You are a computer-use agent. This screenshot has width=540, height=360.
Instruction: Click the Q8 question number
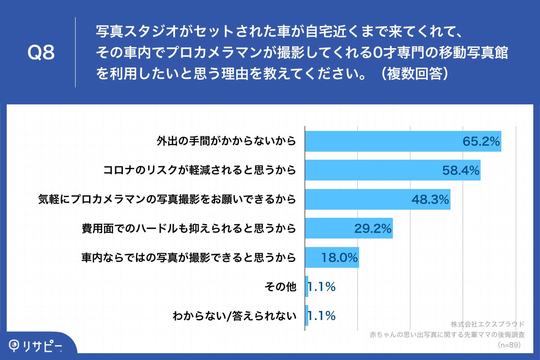pos(41,53)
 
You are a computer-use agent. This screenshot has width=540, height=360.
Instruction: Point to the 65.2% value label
pos(481,142)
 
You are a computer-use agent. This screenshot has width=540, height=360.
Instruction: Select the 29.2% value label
pos(373,229)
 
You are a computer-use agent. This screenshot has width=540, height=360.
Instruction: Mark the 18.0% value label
pos(339,258)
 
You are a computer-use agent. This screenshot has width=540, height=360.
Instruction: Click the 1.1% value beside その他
pos(321,287)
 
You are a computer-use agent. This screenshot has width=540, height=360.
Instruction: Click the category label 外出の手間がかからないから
pos(226,141)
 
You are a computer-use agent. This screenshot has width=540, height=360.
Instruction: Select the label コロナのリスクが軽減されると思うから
pos(199,170)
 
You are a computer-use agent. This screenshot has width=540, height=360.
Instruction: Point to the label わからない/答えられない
pos(234,316)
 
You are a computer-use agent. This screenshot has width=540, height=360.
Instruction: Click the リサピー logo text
pos(43,346)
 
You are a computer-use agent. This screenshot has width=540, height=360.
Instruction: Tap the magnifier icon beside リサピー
pos(15,345)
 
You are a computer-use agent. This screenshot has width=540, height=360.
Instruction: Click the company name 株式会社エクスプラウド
pos(487,324)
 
